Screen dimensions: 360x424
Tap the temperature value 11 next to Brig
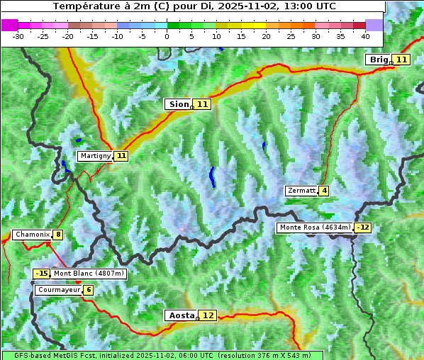pyautogui.click(x=401, y=60)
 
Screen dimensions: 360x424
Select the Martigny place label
pyautogui.click(x=95, y=155)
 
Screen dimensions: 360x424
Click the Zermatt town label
pyautogui.click(x=301, y=191)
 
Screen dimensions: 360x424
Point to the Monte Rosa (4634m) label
pyautogui.click(x=315, y=227)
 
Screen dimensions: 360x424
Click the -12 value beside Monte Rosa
pyautogui.click(x=363, y=227)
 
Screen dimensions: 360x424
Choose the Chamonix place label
pyautogui.click(x=32, y=235)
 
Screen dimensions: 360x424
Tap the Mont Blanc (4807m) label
pyautogui.click(x=89, y=274)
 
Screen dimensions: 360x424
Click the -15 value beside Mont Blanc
pyautogui.click(x=41, y=274)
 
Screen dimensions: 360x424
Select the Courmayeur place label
pyautogui.click(x=58, y=290)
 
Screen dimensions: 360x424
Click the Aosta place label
pyautogui.click(x=180, y=315)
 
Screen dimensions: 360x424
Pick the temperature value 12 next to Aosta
pyautogui.click(x=208, y=315)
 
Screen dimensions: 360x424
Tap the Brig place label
pyautogui.click(x=378, y=60)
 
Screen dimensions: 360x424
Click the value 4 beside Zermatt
pyautogui.click(x=324, y=191)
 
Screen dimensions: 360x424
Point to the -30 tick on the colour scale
pyautogui.click(x=18, y=35)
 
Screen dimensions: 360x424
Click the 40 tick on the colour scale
pyautogui.click(x=365, y=35)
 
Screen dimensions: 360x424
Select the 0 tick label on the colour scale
pyautogui.click(x=167, y=35)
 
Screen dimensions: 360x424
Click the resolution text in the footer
pyautogui.click(x=264, y=355)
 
